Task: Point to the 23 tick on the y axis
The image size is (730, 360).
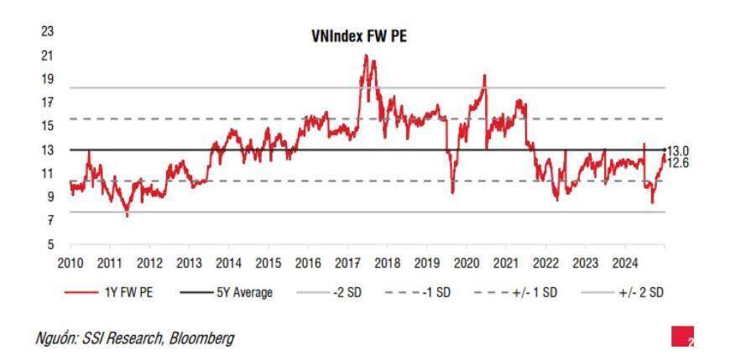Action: click(47, 32)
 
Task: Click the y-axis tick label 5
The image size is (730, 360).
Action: click(50, 245)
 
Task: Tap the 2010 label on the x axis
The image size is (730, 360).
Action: click(70, 263)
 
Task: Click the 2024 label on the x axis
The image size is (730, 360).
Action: click(624, 263)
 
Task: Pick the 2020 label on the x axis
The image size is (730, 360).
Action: click(466, 263)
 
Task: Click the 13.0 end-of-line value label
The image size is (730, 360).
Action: click(677, 150)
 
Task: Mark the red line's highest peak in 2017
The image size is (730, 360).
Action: click(366, 55)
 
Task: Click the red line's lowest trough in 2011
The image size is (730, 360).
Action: click(128, 217)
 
